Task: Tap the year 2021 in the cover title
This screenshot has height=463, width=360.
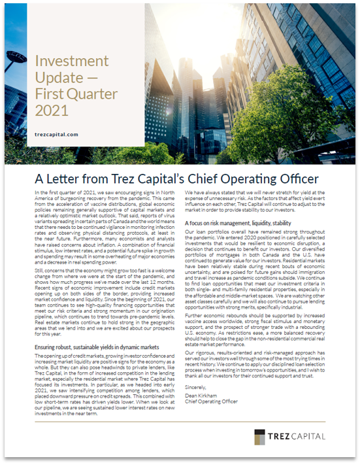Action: [x=52, y=109]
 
